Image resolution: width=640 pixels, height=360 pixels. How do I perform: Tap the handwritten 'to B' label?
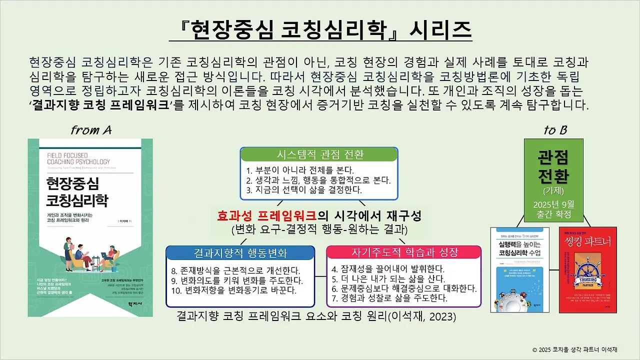(555, 130)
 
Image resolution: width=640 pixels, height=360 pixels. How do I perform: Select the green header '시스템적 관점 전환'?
(319, 154)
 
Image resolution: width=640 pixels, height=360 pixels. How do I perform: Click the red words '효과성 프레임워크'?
(266, 216)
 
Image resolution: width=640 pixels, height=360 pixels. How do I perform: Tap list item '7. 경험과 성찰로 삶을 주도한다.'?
(389, 298)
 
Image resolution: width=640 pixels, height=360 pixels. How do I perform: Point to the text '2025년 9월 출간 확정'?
(553, 210)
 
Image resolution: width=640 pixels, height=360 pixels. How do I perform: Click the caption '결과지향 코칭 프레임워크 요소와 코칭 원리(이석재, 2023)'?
(316, 317)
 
